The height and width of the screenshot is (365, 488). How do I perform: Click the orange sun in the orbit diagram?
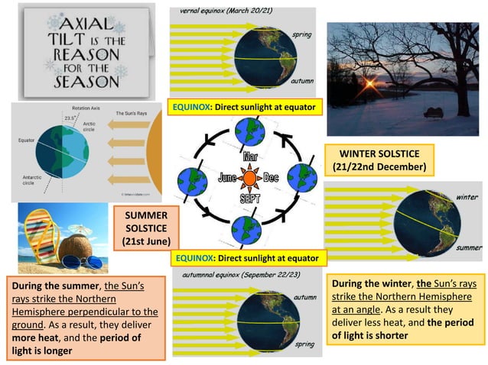pos(249,179)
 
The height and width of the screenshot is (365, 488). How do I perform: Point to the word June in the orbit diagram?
pos(227,179)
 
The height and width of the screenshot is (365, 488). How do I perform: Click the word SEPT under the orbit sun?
pos(250,198)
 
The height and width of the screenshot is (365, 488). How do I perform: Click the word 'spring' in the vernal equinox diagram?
pos(301,35)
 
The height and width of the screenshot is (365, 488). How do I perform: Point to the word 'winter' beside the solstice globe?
pos(467,197)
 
